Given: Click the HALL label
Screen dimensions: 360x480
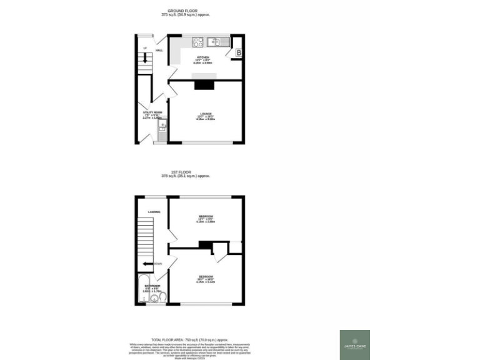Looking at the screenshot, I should [x=159, y=49].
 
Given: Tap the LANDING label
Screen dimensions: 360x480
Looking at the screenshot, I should [x=154, y=212].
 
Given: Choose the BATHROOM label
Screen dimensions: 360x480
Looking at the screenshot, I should [x=152, y=285].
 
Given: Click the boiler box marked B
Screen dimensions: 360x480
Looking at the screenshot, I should [x=238, y=54].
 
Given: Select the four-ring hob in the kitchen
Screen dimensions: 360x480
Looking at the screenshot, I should [x=197, y=42].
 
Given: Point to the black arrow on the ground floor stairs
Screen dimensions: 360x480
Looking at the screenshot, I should [x=145, y=59].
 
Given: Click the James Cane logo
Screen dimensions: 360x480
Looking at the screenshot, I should [x=354, y=344].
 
